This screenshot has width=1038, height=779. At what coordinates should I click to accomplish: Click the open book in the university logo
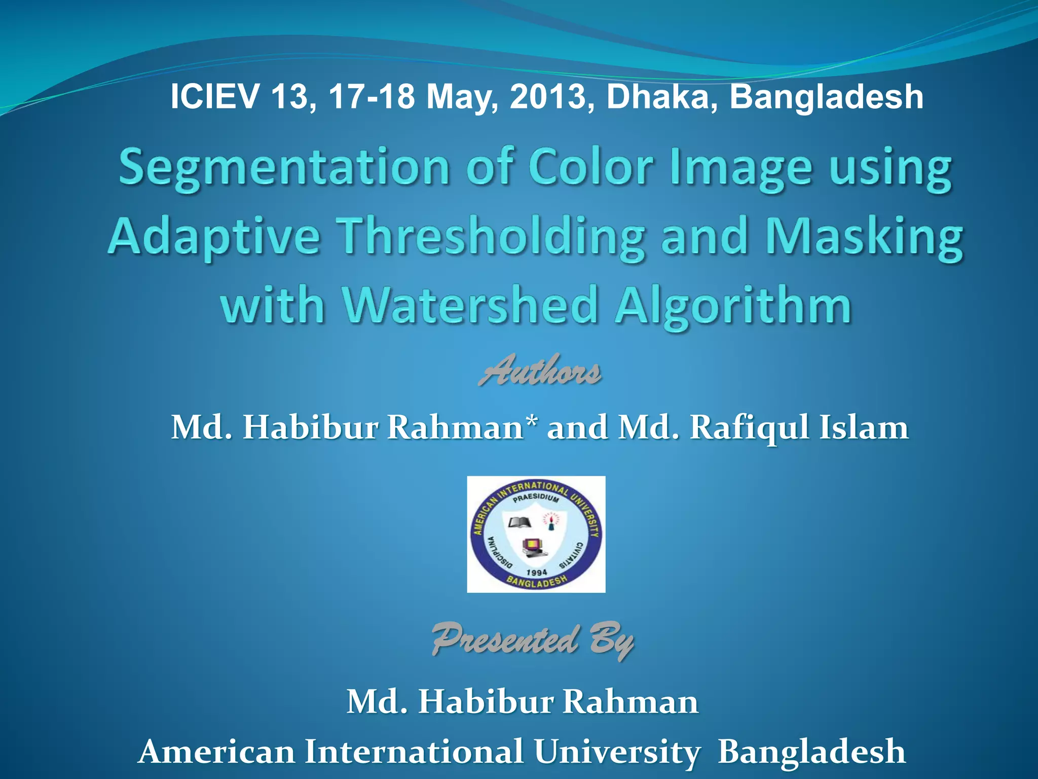[x=519, y=522]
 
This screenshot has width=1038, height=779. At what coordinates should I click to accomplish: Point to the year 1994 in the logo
[x=536, y=572]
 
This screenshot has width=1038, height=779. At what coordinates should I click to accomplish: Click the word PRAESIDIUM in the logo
[x=536, y=498]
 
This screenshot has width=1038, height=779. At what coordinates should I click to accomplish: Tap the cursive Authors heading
[x=540, y=370]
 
